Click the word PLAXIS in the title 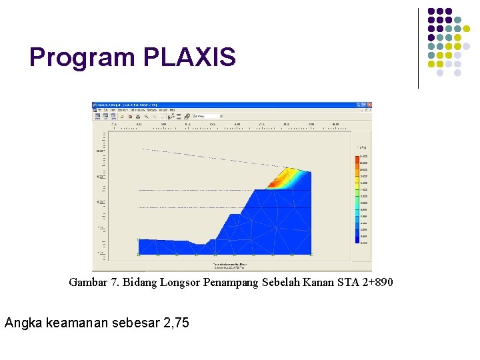pyautogui.click(x=189, y=57)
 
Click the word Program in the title pyautogui.click(x=83, y=58)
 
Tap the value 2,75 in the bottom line pyautogui.click(x=173, y=323)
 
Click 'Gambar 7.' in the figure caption pyautogui.click(x=91, y=283)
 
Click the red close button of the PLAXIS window pyautogui.click(x=368, y=105)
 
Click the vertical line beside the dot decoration pyautogui.click(x=418, y=48)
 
